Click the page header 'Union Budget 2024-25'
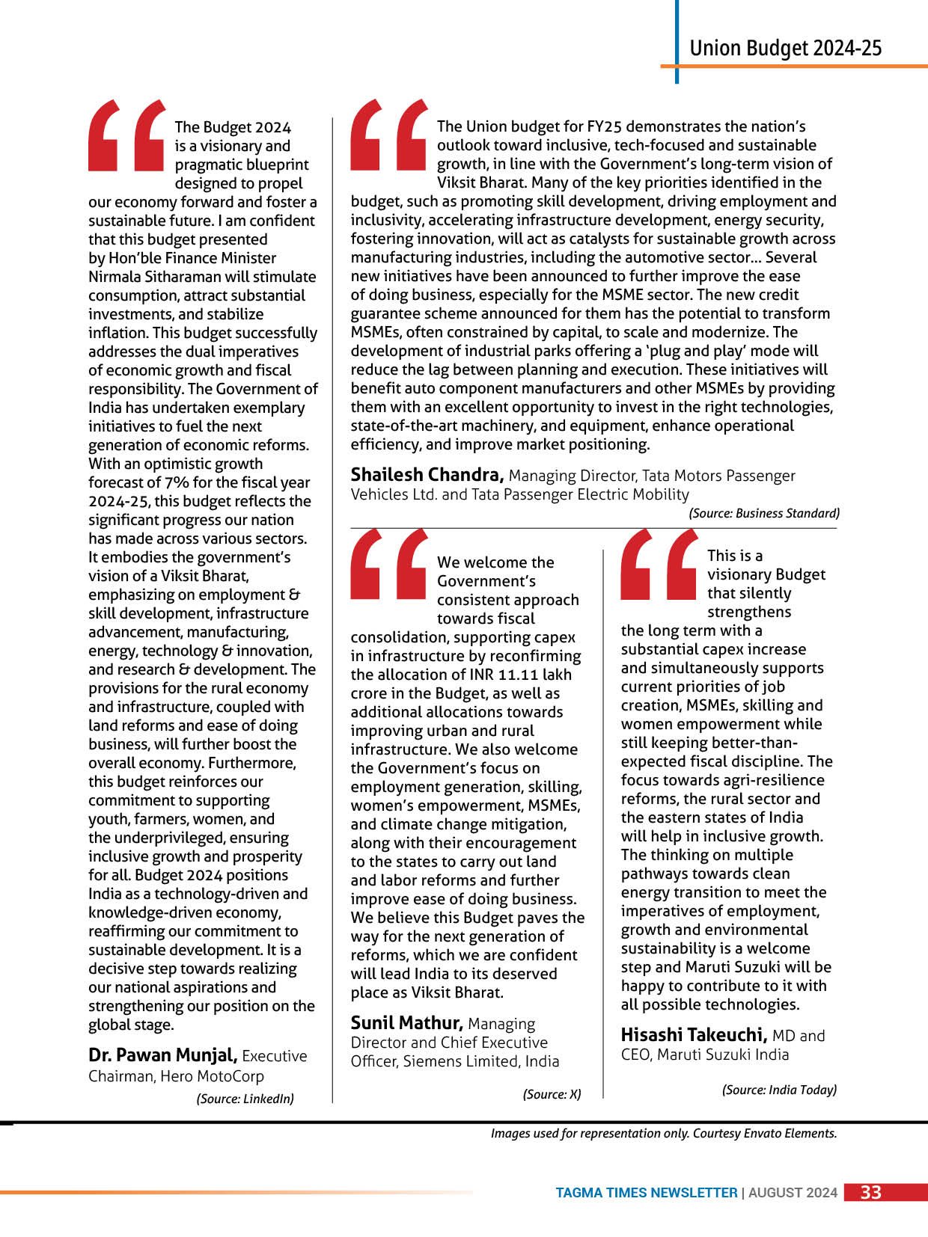tap(785, 49)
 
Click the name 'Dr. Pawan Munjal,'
tap(163, 1055)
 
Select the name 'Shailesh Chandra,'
tap(427, 475)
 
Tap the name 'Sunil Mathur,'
tap(407, 1023)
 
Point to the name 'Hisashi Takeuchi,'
tap(694, 1035)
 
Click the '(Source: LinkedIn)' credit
tap(245, 1099)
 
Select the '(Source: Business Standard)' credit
tap(764, 513)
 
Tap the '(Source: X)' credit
tap(552, 1094)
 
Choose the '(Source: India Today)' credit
tap(779, 1090)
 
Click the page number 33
tap(870, 1193)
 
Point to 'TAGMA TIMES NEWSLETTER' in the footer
tap(646, 1193)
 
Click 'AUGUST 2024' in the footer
tap(793, 1193)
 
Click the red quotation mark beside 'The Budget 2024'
tap(126, 135)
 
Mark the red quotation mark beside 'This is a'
tap(659, 565)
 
